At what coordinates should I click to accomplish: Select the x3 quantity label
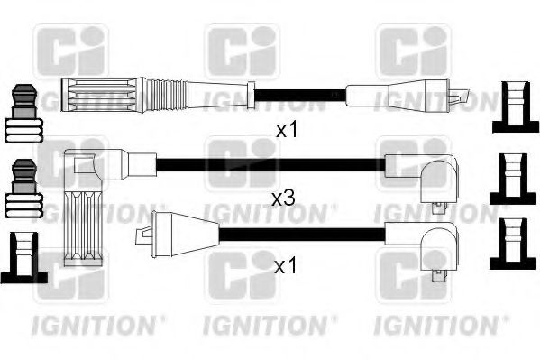click(x=283, y=196)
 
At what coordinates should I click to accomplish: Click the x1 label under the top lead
click(x=287, y=130)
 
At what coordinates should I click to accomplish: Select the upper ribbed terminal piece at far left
click(x=24, y=114)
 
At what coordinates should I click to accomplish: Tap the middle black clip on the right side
click(x=514, y=177)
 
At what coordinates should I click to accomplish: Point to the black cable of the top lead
click(x=297, y=94)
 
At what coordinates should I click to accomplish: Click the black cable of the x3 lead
click(x=270, y=164)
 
